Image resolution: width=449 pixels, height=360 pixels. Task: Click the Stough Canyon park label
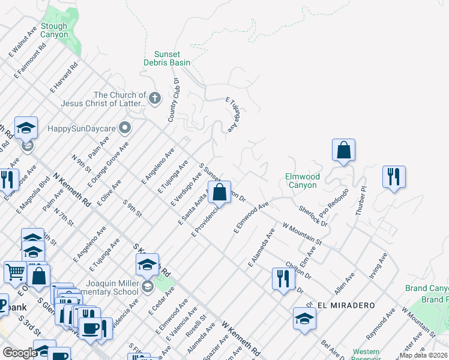pyautogui.click(x=55, y=31)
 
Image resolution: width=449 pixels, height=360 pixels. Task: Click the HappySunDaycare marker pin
pyautogui.click(x=125, y=127)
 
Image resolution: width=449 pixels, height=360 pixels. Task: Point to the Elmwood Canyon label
pyautogui.click(x=302, y=181)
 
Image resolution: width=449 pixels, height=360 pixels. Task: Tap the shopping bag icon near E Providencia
pyautogui.click(x=220, y=193)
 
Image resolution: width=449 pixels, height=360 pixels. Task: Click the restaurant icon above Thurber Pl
pyautogui.click(x=394, y=177)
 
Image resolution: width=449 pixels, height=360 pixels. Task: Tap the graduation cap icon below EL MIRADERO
pyautogui.click(x=304, y=319)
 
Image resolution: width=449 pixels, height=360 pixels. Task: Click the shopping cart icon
pyautogui.click(x=15, y=272)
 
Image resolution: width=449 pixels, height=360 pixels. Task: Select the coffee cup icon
pyautogui.click(x=91, y=329)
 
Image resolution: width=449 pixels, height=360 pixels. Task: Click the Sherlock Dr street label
pyautogui.click(x=313, y=217)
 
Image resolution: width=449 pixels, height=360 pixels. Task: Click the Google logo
pyautogui.click(x=20, y=353)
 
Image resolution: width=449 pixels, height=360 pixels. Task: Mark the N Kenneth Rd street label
pyautogui.click(x=71, y=188)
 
